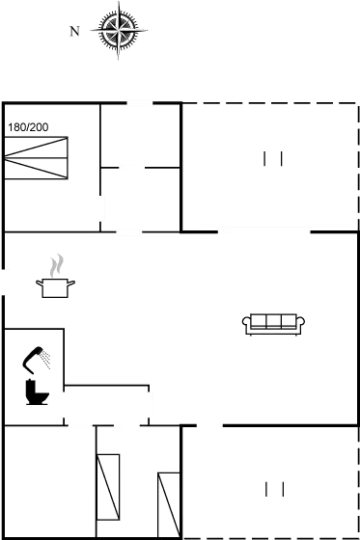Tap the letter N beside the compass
click(73, 32)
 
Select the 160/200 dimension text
click(29, 126)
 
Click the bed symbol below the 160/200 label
click(38, 159)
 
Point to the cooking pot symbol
click(56, 284)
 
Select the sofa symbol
click(274, 324)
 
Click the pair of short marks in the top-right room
click(274, 159)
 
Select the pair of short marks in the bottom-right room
click(274, 488)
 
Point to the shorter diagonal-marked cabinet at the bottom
click(169, 503)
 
